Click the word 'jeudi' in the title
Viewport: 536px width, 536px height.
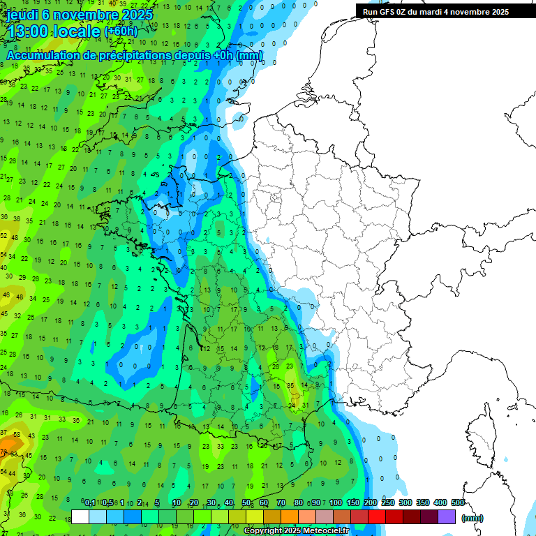tap(23, 15)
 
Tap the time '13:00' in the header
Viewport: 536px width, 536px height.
tap(29, 31)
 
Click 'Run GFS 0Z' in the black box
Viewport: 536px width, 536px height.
tap(387, 12)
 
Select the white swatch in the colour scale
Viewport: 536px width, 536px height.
tap(80, 516)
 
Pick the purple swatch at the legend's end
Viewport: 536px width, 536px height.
tap(447, 516)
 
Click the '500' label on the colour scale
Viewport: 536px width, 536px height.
tap(458, 503)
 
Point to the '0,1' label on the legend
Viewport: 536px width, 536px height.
tap(89, 503)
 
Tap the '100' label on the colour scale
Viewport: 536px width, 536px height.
tap(335, 503)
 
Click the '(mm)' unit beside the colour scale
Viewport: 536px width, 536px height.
tap(472, 518)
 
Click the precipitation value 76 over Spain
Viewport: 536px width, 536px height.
tap(4, 452)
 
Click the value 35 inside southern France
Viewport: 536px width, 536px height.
tap(290, 385)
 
